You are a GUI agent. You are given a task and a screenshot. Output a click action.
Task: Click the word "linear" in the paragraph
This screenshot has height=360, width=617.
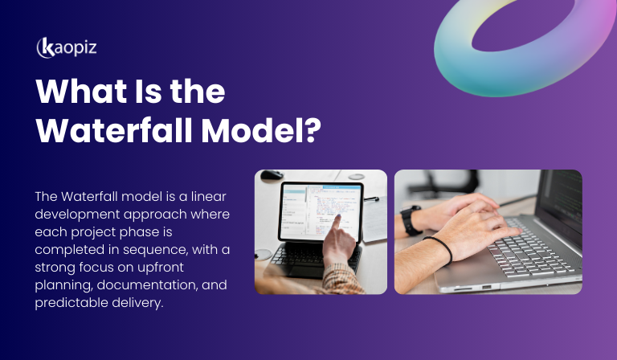(188, 196)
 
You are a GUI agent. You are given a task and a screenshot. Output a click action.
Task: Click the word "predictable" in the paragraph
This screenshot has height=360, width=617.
(68, 303)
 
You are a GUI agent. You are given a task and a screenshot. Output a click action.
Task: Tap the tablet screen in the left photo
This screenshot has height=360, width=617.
(320, 211)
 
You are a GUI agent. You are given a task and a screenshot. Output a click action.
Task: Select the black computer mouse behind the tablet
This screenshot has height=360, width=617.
(272, 174)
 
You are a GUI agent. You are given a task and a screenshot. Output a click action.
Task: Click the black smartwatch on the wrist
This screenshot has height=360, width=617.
(411, 219)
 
